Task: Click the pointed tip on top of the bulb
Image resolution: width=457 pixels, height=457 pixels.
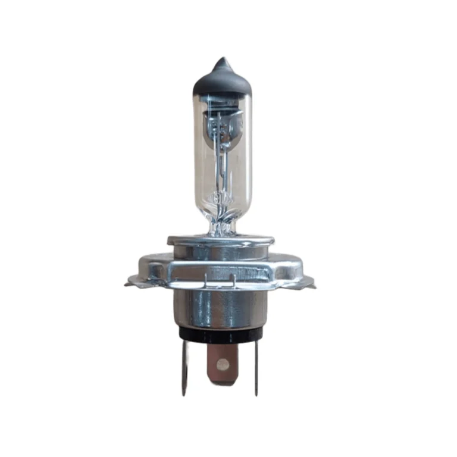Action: (x=223, y=61)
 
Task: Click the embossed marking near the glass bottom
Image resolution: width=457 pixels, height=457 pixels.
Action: (x=220, y=197)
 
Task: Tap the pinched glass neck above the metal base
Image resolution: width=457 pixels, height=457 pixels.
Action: (x=221, y=225)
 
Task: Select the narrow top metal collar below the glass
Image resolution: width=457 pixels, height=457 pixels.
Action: (x=221, y=240)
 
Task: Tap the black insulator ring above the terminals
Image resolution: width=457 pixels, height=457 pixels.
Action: (x=220, y=334)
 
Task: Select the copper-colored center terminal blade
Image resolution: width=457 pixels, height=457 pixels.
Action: (x=221, y=364)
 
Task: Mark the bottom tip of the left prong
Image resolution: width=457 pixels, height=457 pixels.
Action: (x=184, y=394)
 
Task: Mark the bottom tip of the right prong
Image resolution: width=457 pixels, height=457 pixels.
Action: (x=257, y=394)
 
